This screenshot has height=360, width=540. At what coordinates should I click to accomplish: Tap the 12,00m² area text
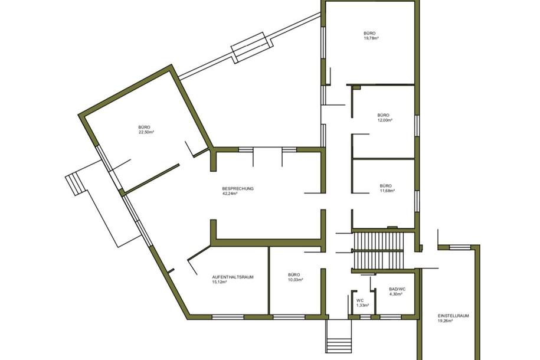click(x=385, y=120)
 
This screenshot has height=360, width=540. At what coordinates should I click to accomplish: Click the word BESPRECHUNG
click(x=238, y=188)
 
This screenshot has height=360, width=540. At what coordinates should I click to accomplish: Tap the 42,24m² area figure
click(x=230, y=194)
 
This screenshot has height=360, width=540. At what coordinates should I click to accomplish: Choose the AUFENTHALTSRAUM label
click(x=233, y=276)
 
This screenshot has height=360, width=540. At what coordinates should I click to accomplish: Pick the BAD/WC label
click(x=397, y=289)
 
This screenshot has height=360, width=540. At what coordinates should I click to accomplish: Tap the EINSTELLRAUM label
click(x=453, y=316)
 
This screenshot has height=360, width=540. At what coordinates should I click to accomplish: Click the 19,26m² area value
click(x=445, y=321)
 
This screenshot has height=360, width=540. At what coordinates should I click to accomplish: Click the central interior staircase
click(x=378, y=250)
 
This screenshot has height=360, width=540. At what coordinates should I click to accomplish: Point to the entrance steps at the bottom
click(x=338, y=344)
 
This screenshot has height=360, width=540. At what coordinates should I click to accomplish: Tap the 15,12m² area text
click(x=219, y=282)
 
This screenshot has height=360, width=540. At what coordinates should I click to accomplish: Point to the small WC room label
click(x=359, y=300)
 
